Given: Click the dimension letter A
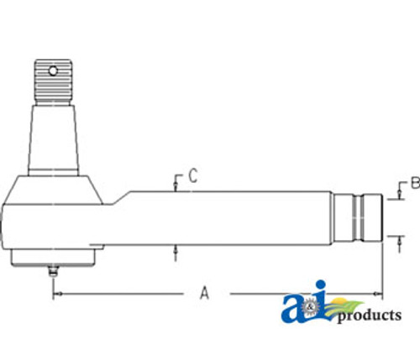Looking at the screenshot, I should pyautogui.click(x=203, y=292).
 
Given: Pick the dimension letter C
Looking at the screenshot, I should pyautogui.click(x=192, y=176).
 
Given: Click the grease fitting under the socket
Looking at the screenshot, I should pyautogui.click(x=52, y=272).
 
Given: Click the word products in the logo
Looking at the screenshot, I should pyautogui.click(x=369, y=316).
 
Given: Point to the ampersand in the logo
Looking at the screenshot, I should pyautogui.click(x=313, y=312).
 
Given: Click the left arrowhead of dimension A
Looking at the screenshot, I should pyautogui.click(x=55, y=294).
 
